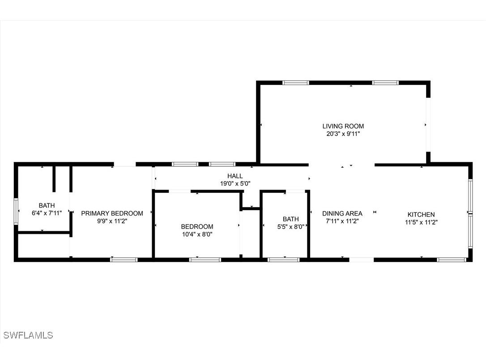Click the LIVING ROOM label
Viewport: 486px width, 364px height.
pyautogui.click(x=343, y=126)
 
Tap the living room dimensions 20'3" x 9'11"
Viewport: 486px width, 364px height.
pyautogui.click(x=343, y=133)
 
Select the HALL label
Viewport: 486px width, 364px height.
pyautogui.click(x=235, y=176)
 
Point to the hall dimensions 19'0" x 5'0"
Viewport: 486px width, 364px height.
pyautogui.click(x=235, y=183)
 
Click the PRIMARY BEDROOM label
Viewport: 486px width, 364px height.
pyautogui.click(x=112, y=213)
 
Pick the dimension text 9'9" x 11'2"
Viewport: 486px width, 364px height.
pyautogui.click(x=112, y=220)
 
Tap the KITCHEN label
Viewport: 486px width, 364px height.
pyautogui.click(x=421, y=215)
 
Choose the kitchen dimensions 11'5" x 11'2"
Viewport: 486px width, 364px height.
pyautogui.click(x=421, y=222)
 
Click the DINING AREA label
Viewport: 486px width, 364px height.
pyautogui.click(x=342, y=213)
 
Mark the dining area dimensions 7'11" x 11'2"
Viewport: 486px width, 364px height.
pyautogui.click(x=342, y=220)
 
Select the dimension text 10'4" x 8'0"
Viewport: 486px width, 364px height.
pyautogui.click(x=197, y=234)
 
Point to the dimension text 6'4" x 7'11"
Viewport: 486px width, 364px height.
pyautogui.click(x=47, y=213)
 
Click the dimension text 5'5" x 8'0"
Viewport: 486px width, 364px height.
pyautogui.click(x=290, y=226)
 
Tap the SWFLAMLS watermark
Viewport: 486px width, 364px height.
pyautogui.click(x=28, y=335)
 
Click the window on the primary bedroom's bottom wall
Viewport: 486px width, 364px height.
pyautogui.click(x=124, y=259)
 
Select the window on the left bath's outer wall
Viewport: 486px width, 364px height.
pyautogui.click(x=16, y=212)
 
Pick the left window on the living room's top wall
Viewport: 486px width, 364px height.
pyautogui.click(x=296, y=83)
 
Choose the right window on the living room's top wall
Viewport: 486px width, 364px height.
pyautogui.click(x=385, y=83)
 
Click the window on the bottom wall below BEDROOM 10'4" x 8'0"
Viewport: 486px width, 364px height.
pyautogui.click(x=205, y=259)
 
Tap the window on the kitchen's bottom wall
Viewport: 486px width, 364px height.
pyautogui.click(x=451, y=259)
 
